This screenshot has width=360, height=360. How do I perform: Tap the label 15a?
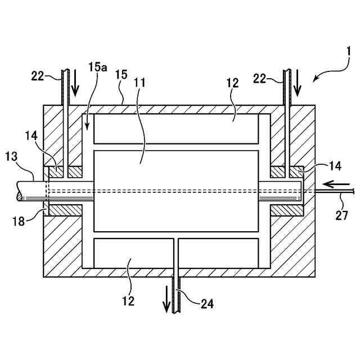point(97,67)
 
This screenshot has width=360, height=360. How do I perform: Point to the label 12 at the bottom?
point(129,301)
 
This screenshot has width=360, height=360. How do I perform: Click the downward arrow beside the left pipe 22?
point(75,84)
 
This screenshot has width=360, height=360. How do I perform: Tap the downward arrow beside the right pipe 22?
point(298,84)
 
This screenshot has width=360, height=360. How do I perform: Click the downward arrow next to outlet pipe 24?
point(166,299)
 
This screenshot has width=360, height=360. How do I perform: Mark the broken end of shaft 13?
point(20,191)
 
